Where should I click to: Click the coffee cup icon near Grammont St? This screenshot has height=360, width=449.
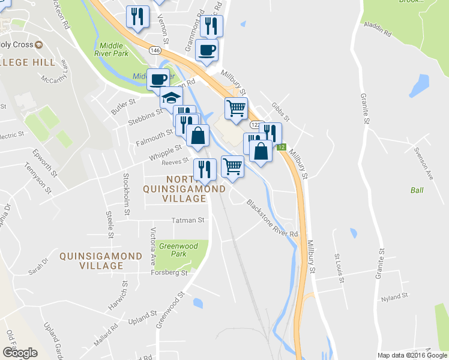[207, 50]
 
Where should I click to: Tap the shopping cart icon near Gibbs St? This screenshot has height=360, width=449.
[236, 108]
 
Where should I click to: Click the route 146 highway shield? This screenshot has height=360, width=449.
[155, 50]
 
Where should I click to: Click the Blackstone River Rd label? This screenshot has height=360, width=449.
[272, 217]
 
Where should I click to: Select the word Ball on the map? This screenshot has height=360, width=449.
[417, 190]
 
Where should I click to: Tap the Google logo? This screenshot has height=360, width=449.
[20, 352]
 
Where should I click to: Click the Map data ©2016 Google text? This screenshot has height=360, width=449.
[411, 355]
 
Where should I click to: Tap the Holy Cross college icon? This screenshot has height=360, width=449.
[39, 44]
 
